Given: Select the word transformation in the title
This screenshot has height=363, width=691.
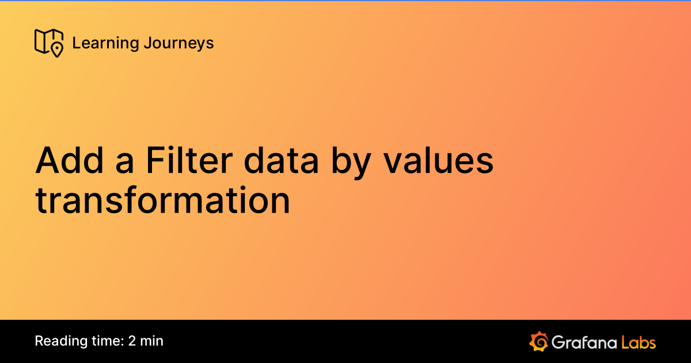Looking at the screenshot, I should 163,201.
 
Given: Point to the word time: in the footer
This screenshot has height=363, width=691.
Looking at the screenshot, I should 103,341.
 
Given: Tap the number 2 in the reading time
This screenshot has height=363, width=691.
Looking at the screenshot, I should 132,341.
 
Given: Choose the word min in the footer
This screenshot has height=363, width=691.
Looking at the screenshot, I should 152,341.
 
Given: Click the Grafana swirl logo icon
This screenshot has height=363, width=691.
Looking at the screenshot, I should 538,341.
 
